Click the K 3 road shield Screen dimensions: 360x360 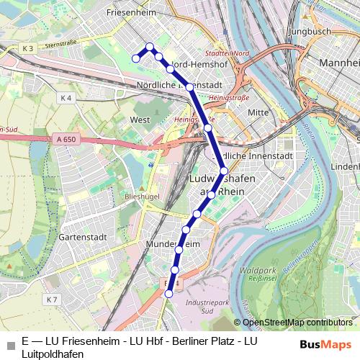(x=28, y=48)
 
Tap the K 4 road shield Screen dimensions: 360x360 (x=66, y=97)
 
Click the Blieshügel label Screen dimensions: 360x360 (x=142, y=195)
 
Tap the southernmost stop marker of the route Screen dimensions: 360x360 (x=169, y=294)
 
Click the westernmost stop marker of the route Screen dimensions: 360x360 (x=135, y=58)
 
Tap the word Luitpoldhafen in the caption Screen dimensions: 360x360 (x=53, y=354)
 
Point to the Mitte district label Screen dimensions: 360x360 (x=258, y=112)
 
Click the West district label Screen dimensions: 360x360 (x=140, y=120)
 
